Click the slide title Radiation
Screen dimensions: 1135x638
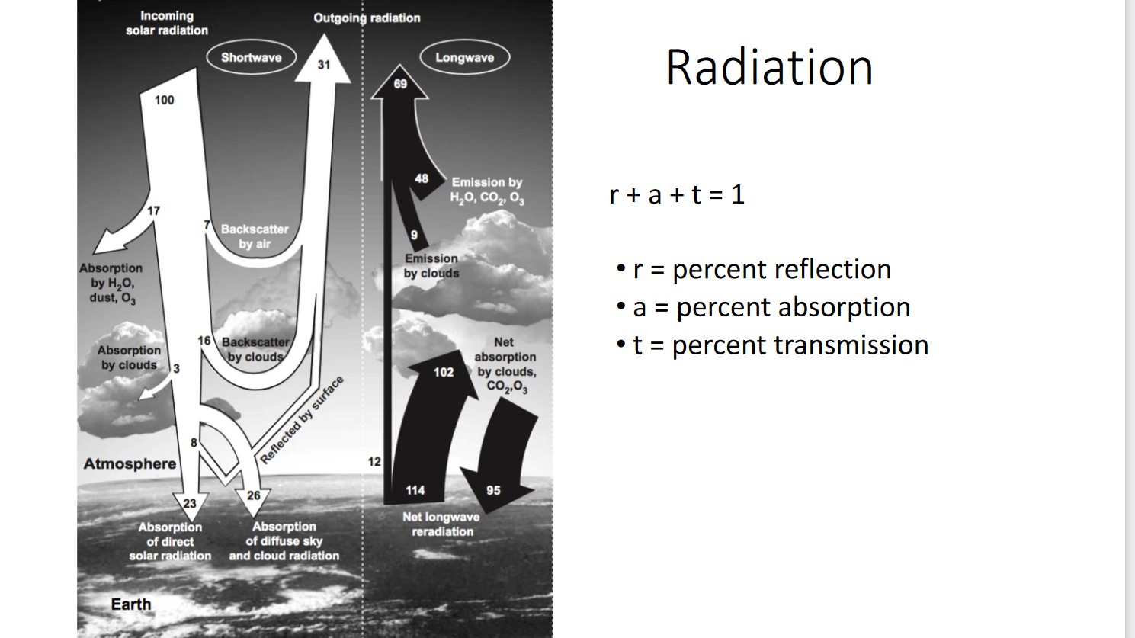769,67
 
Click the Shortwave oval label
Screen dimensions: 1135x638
252,57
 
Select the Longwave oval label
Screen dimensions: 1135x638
465,57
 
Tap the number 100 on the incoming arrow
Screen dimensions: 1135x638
164,100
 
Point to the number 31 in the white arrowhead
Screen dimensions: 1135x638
324,65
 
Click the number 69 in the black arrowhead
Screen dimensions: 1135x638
400,84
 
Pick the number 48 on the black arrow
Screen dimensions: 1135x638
422,178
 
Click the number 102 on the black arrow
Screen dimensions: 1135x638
444,373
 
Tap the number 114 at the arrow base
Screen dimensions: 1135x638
415,490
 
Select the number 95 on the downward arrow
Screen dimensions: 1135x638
493,490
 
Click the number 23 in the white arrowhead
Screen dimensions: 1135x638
190,503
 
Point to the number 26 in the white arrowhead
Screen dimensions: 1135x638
253,495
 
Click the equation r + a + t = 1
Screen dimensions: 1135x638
677,194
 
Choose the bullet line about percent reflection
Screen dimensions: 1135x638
754,269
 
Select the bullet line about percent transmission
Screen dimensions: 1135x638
773,345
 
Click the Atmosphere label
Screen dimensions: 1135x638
130,463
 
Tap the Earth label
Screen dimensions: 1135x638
131,604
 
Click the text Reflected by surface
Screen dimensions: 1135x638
302,420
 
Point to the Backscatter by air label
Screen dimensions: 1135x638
255,236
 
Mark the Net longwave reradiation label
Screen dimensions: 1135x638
441,524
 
